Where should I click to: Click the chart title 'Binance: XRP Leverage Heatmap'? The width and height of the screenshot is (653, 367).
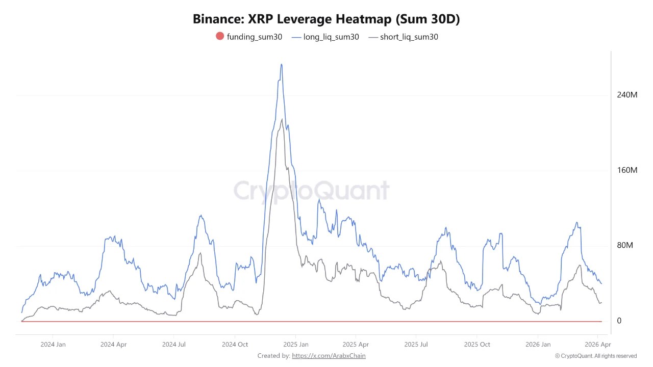326,19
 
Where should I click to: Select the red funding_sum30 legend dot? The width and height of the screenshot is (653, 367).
220,36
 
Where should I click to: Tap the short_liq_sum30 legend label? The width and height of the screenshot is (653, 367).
409,37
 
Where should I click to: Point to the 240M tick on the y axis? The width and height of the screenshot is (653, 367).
627,95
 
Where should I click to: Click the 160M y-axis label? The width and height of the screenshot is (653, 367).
627,170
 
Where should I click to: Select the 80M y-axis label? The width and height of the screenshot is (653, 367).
625,245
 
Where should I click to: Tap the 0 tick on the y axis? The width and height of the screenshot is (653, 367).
619,321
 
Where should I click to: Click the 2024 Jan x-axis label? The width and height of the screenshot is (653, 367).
53,345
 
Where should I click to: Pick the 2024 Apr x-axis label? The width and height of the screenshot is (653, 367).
113,345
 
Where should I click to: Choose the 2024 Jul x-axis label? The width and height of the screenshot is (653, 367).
173,345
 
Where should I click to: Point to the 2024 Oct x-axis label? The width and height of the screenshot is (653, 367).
235,345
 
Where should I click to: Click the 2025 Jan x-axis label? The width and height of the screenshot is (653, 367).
296,345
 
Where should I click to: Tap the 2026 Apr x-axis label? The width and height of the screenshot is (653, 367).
597,345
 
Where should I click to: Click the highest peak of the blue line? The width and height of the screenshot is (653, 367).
281,64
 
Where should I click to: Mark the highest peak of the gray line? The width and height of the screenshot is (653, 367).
282,119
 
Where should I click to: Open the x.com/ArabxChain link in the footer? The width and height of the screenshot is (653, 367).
329,356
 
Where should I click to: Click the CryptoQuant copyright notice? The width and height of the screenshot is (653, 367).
595,356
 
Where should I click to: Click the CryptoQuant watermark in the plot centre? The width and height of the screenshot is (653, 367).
311,191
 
